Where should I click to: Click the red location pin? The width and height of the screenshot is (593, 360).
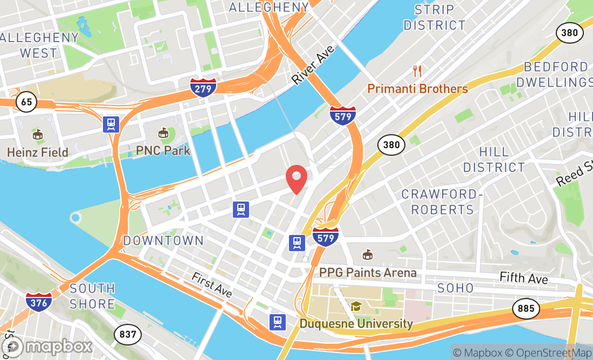pyautogui.click(x=296, y=179)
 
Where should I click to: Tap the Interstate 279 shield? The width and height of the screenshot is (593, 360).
pyautogui.click(x=203, y=87)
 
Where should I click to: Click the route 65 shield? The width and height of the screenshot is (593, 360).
pyautogui.click(x=26, y=101)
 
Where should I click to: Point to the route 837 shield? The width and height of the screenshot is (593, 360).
pyautogui.click(x=128, y=335)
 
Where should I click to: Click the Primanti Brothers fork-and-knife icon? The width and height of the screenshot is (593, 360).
pyautogui.click(x=417, y=71)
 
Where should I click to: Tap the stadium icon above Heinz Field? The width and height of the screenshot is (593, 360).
pyautogui.click(x=37, y=134)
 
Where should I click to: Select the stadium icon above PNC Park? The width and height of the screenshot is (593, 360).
pyautogui.click(x=163, y=133)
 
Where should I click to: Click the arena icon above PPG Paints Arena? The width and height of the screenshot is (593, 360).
pyautogui.click(x=368, y=254)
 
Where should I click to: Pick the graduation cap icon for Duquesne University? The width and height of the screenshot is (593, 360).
pyautogui.click(x=356, y=307)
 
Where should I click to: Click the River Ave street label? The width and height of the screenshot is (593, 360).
pyautogui.click(x=313, y=65)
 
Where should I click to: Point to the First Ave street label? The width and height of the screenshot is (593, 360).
pyautogui.click(x=212, y=284)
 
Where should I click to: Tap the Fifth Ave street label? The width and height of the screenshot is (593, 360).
pyautogui.click(x=523, y=278)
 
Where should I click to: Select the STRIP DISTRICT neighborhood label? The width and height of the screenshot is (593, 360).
pyautogui.click(x=435, y=17)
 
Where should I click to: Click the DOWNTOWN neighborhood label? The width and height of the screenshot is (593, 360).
pyautogui.click(x=163, y=240)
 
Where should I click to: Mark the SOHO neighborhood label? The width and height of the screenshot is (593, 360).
pyautogui.click(x=456, y=288)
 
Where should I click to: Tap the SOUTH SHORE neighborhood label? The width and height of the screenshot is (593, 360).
pyautogui.click(x=92, y=296)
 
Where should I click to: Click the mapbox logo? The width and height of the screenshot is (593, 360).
pyautogui.click(x=47, y=346)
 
